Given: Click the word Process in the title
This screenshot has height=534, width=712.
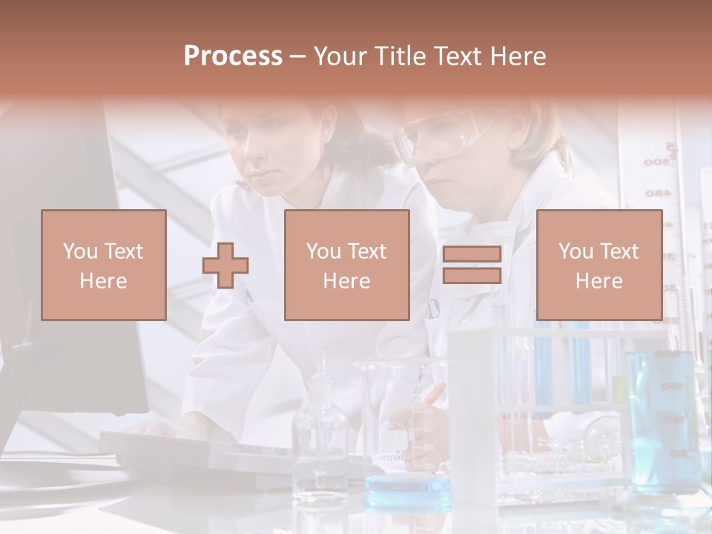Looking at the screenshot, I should pos(233,56).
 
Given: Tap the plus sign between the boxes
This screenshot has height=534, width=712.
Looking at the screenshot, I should pos(225,265).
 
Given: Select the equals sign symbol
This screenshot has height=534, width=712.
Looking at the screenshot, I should pos(472,265).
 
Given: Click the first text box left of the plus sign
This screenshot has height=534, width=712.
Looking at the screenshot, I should pos(103,265).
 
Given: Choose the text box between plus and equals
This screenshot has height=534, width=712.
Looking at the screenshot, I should pos(346,265).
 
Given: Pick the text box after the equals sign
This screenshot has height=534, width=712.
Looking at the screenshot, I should pos(599,265).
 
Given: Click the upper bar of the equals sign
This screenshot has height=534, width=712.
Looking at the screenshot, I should pos(472,254).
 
